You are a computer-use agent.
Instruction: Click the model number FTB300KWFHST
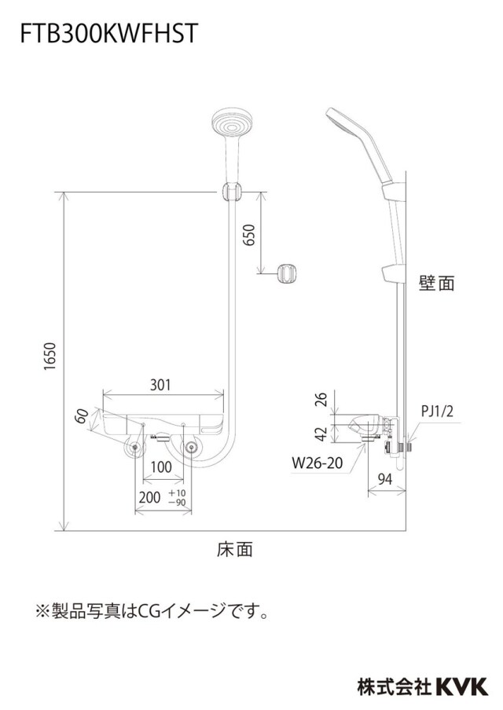point(108,33)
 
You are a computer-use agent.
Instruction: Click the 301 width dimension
point(160,385)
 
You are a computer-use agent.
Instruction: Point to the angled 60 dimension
point(82,416)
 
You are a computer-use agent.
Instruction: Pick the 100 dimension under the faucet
point(161,467)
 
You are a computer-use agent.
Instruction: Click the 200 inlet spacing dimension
point(149,497)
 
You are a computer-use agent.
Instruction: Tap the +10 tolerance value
point(177,493)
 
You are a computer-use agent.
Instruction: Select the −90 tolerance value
point(177,502)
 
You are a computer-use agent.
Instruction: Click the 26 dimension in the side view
point(321,399)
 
